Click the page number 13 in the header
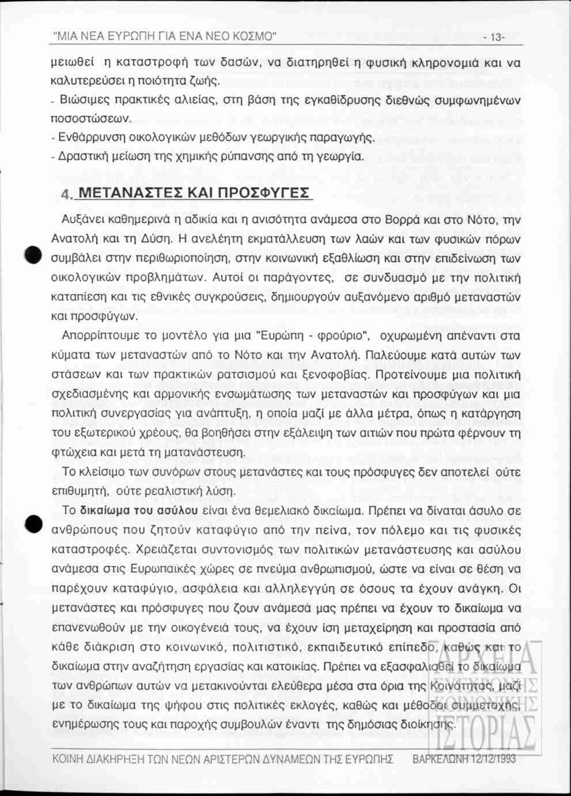pos(495,38)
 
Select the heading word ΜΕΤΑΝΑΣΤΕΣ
pos(128,193)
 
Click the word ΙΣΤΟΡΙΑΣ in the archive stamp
pos(486,734)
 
